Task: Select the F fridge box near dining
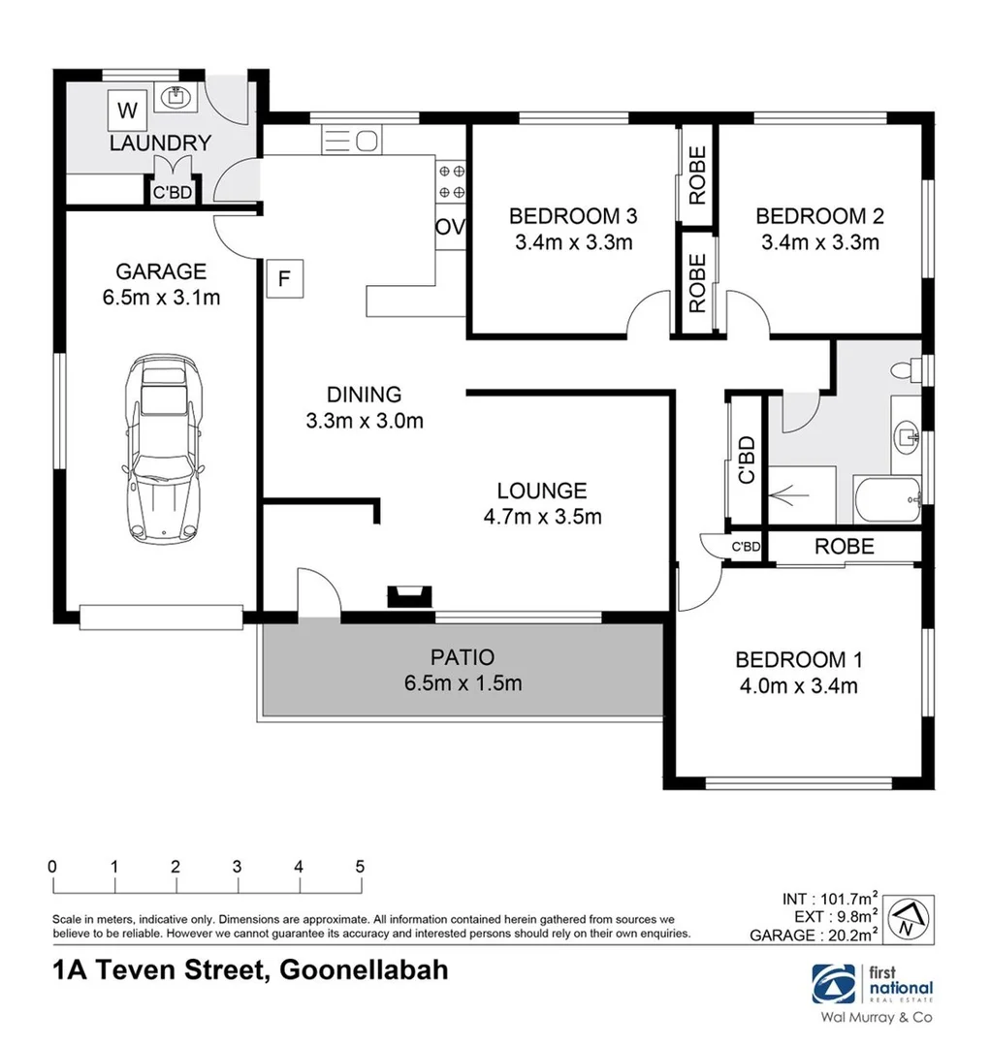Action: click(x=284, y=279)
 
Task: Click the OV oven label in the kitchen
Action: click(x=451, y=228)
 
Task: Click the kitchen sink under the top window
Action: click(x=349, y=142)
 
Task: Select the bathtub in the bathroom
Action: click(x=885, y=500)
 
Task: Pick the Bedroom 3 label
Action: click(x=573, y=215)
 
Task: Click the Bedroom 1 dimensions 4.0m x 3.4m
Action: click(x=798, y=687)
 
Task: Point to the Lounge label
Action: click(x=542, y=491)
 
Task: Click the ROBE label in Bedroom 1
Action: click(x=844, y=547)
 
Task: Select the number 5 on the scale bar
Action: click(x=360, y=866)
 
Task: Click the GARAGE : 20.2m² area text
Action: click(x=814, y=936)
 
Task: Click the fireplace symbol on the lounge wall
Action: click(x=407, y=596)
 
